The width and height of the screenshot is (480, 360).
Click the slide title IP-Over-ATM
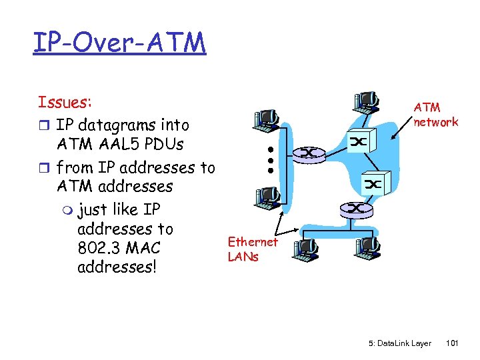119,42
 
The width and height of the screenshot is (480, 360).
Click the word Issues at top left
65,102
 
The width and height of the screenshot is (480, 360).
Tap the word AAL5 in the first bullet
117,144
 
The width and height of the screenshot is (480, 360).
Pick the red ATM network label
435,114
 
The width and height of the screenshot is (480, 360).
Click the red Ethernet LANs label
252,249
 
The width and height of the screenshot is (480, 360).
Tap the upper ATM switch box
359,141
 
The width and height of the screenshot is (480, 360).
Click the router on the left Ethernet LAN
310,153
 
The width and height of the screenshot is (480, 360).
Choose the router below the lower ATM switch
357,209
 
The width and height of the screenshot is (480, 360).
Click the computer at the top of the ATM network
366,99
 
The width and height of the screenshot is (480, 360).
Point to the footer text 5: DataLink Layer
399,343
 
